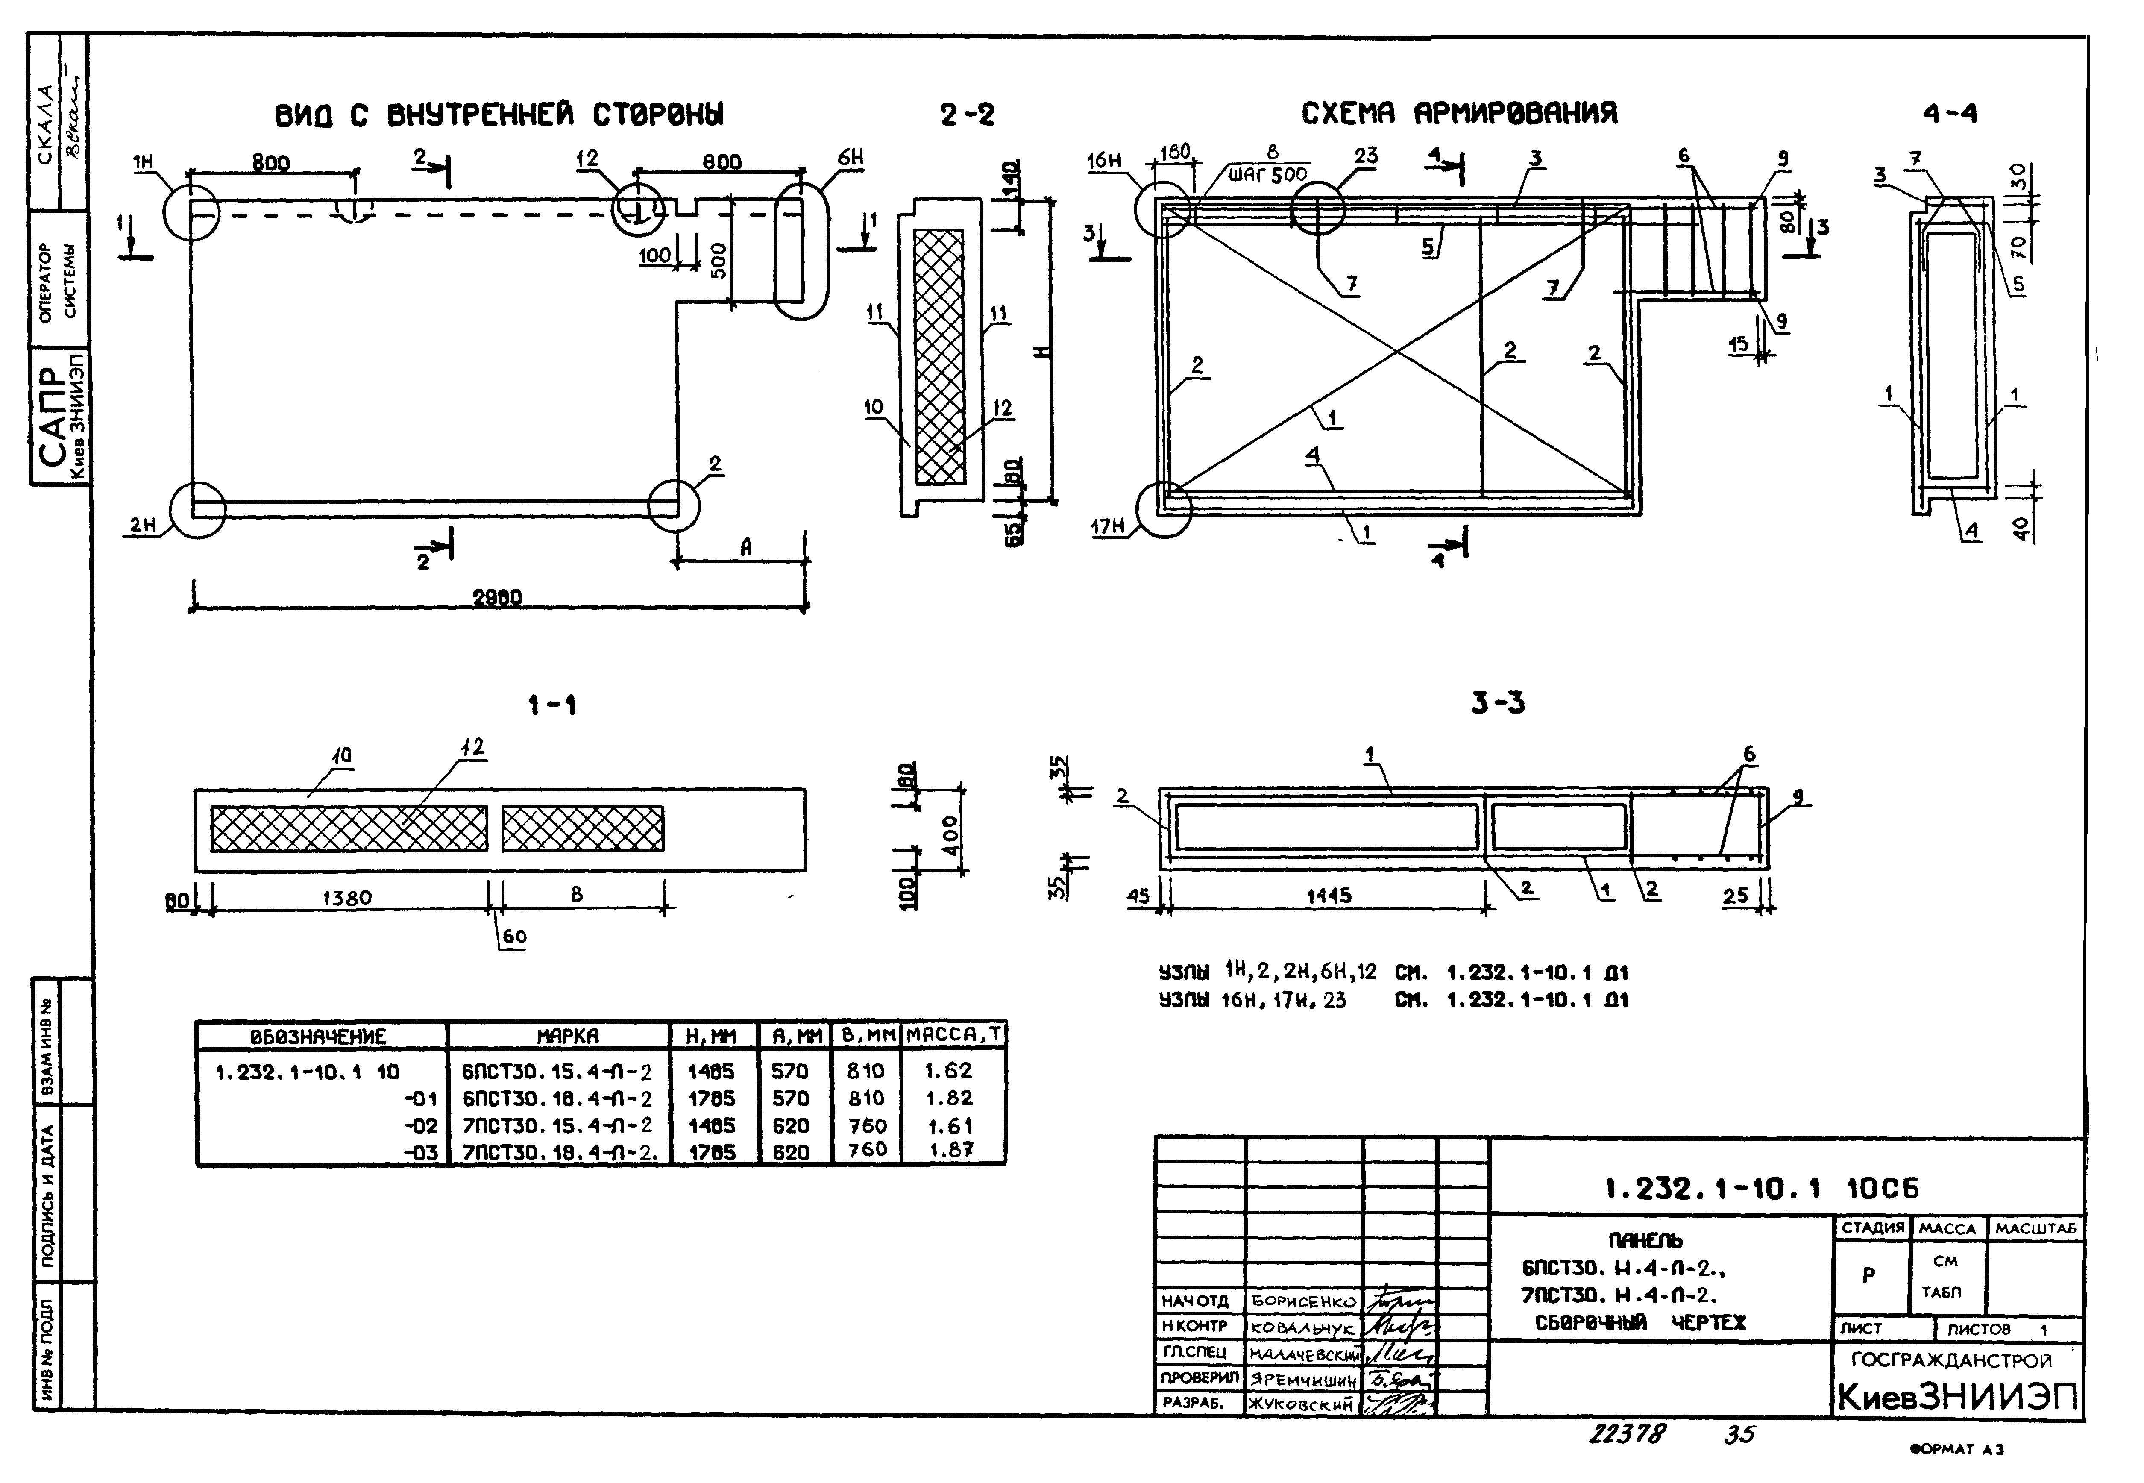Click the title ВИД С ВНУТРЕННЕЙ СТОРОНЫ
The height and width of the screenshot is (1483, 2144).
[500, 115]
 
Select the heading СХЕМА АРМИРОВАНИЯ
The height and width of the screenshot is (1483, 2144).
[1458, 113]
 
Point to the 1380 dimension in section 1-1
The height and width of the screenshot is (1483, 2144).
[346, 898]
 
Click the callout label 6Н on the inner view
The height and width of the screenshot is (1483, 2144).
[850, 158]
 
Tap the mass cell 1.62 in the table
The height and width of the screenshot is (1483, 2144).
[948, 1070]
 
